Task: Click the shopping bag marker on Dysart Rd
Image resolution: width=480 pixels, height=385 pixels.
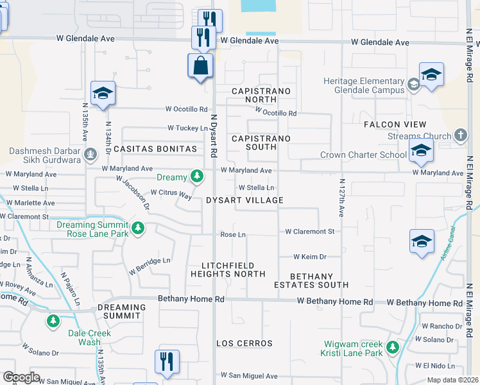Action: click(x=200, y=65)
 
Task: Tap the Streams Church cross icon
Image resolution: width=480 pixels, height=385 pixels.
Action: click(x=459, y=135)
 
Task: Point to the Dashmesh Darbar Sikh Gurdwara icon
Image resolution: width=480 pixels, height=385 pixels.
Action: click(x=90, y=154)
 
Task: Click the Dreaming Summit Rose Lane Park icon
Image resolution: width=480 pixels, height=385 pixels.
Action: click(x=137, y=228)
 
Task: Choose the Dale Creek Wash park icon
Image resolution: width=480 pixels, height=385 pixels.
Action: click(x=54, y=320)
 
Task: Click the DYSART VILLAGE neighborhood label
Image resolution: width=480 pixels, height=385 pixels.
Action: click(x=244, y=200)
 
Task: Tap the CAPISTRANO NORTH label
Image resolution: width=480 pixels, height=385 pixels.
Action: click(x=261, y=96)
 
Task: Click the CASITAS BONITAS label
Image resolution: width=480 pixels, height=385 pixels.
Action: click(x=155, y=149)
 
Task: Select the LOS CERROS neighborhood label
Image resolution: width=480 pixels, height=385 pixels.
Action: click(x=244, y=343)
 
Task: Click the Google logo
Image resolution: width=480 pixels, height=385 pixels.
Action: click(x=21, y=377)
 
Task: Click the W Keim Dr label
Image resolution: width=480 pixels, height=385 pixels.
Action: click(x=310, y=257)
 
